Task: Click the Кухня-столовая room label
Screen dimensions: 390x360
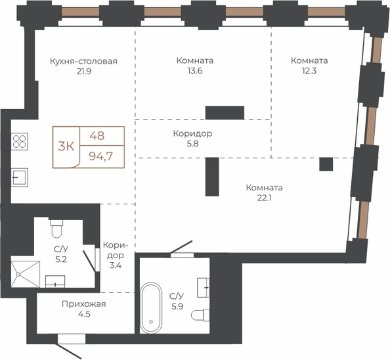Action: [83, 61]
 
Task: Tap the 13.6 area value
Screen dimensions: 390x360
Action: [195, 71]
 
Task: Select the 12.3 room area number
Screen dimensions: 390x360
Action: [309, 71]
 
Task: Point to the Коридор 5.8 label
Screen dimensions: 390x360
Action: [193, 139]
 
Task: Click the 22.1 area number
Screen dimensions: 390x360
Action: [264, 198]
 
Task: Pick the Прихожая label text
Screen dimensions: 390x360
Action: [84, 304]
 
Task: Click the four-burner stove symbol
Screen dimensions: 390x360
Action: [20, 141]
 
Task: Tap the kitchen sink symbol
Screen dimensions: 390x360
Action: [20, 177]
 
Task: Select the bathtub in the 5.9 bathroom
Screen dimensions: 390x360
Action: [151, 307]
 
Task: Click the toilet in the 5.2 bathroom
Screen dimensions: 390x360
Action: [56, 228]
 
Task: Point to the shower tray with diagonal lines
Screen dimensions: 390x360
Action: [26, 274]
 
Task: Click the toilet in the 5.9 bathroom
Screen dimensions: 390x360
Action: [200, 315]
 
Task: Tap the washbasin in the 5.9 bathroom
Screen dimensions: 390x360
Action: [204, 288]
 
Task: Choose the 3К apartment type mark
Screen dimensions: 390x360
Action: [66, 146]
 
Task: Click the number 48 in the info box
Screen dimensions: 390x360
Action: [97, 136]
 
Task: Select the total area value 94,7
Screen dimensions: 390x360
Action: [101, 156]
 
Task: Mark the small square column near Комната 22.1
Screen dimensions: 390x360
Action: [326, 164]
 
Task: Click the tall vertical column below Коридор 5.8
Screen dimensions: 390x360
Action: [212, 177]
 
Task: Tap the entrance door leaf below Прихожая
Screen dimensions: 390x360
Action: [69, 351]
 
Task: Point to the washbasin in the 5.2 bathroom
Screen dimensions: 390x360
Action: [55, 281]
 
